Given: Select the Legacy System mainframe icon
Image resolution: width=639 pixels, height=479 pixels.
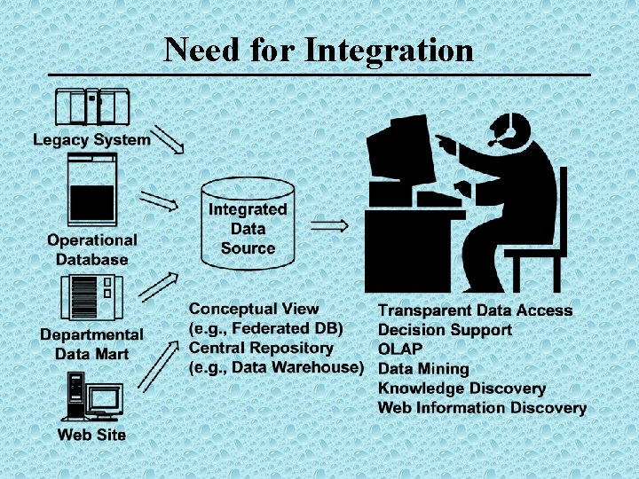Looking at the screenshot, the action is pos(92,107).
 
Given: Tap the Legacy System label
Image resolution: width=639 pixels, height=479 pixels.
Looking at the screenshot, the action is pos(92,139).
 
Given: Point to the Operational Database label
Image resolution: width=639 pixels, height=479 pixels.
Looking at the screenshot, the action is pos(92,249).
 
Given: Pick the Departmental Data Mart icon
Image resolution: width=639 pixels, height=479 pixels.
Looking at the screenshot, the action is pos(91,299).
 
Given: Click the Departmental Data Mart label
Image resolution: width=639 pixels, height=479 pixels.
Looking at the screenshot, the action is pos(91,344).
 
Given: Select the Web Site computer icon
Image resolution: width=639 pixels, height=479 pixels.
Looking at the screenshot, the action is pos(91,397).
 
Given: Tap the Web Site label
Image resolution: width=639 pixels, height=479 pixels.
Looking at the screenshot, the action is pos(91,435).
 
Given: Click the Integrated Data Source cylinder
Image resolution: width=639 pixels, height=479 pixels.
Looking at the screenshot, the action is pos(248,223).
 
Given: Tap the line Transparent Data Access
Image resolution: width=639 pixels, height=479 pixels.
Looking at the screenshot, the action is pos(475,310).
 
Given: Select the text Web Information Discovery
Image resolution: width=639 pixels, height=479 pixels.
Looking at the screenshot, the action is pos(482,408).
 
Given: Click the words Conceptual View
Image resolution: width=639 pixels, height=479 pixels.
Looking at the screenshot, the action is pos(254,310).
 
